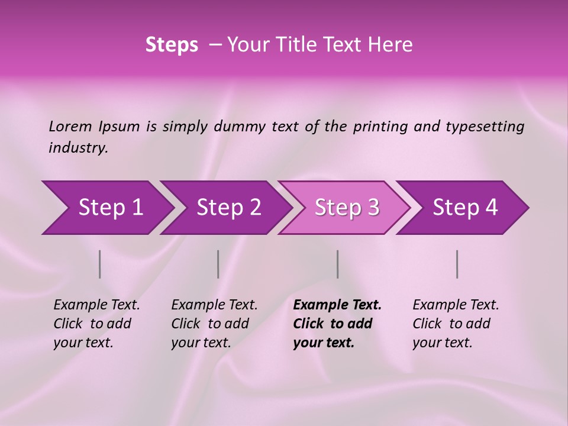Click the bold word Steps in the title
(172, 45)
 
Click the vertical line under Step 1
(100, 264)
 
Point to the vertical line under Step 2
(218, 264)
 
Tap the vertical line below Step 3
(338, 264)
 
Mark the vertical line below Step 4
(457, 264)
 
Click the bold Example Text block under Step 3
(337, 324)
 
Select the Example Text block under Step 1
(96, 324)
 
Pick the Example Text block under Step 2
(214, 324)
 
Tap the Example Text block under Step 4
(456, 324)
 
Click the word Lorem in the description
(70, 127)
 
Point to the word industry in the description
(78, 148)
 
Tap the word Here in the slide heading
(393, 45)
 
